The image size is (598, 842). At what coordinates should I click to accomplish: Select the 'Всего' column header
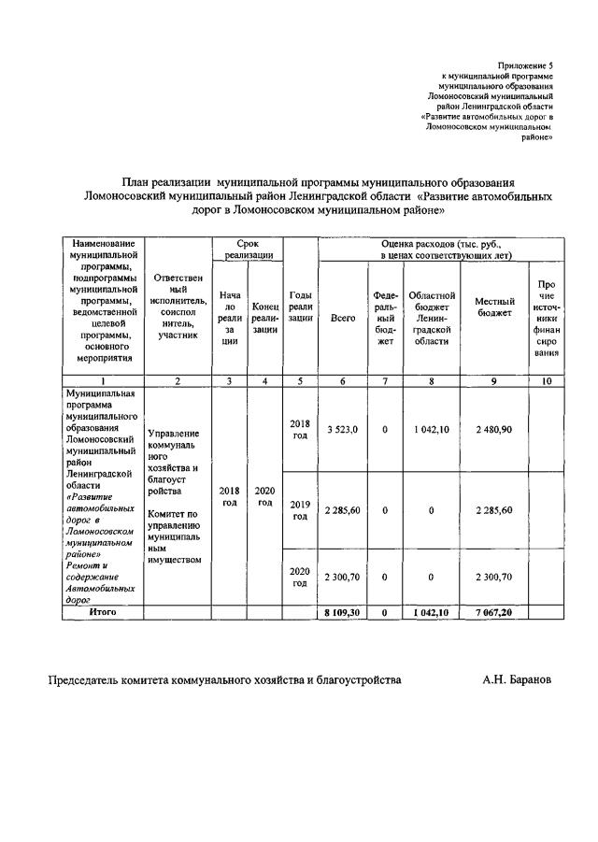343,320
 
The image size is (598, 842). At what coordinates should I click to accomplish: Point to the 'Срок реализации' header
247,249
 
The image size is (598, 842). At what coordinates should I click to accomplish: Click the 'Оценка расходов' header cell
440,249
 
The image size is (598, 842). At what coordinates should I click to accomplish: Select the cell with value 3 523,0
343,428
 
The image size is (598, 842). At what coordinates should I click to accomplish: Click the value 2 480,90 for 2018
494,428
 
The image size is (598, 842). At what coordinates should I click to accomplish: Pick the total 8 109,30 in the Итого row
343,612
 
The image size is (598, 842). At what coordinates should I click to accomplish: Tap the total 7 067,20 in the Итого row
494,612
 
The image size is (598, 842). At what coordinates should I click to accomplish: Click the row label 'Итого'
102,611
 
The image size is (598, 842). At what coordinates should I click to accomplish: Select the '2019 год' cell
300,511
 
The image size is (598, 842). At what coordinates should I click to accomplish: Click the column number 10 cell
546,380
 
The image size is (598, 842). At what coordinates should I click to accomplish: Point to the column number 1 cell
102,380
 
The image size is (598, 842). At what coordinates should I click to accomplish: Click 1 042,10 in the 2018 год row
432,428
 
